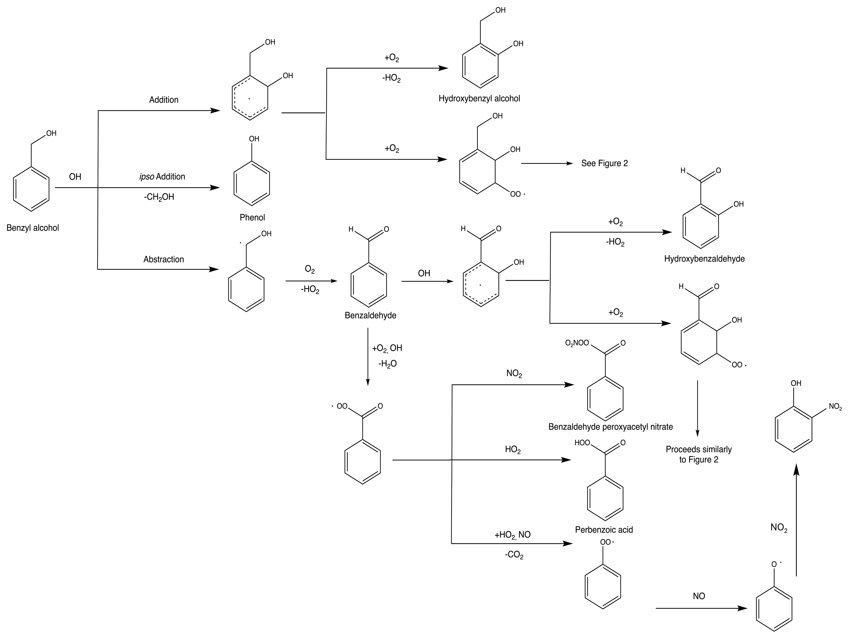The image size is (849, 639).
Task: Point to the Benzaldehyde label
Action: pos(370,315)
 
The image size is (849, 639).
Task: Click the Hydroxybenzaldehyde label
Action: pos(704,259)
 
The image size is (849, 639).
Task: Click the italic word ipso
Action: pos(147,177)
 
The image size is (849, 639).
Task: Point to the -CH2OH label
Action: pos(159,197)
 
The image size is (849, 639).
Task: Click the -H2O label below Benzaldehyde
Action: pos(387,364)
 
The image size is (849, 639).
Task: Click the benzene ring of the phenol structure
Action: pos(252,184)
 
